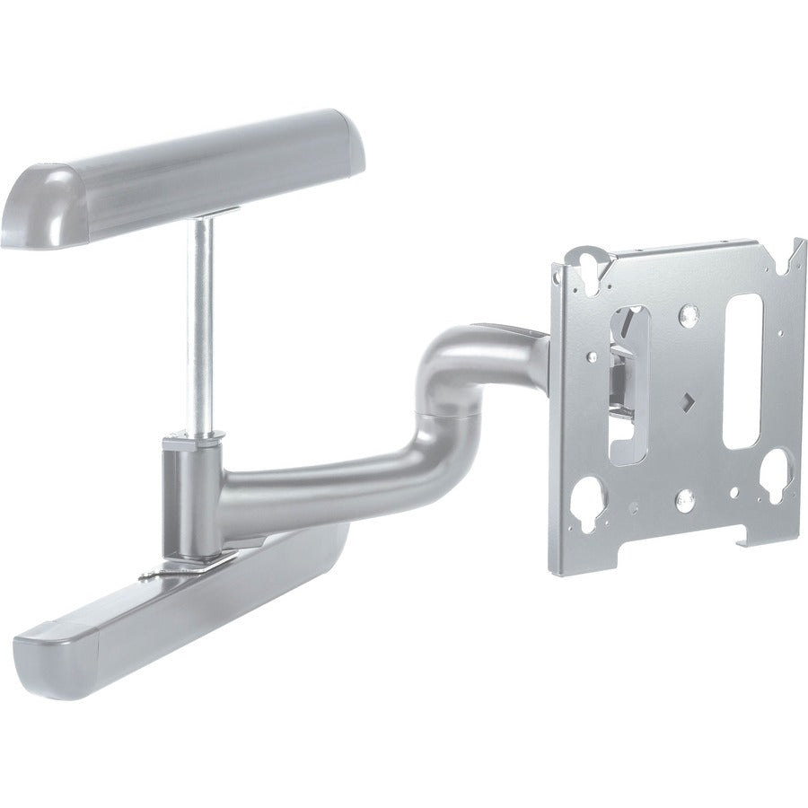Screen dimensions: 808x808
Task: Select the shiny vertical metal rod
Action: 203,323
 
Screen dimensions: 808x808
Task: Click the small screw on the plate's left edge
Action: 592,356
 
